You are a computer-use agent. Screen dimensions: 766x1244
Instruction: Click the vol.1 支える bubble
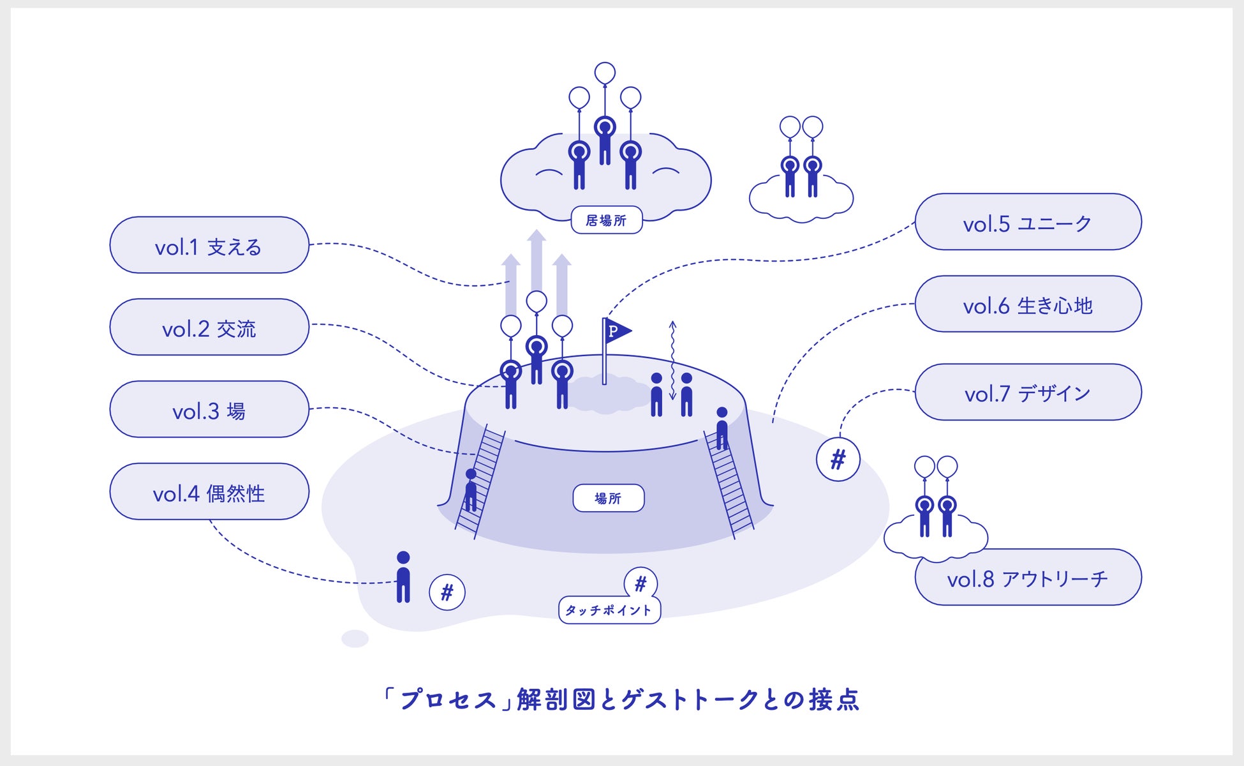[x=209, y=246]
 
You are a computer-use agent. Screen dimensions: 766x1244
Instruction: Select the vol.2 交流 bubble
[x=209, y=327]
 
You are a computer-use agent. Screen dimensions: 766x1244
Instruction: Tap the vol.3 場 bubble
[x=209, y=410]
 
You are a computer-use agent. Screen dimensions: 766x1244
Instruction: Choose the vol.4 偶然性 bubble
[x=209, y=492]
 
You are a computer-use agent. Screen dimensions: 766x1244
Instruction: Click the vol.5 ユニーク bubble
[x=1028, y=222]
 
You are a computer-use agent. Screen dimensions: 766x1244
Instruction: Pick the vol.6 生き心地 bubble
[x=1028, y=304]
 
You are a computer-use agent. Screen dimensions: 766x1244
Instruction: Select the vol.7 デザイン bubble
[x=1028, y=393]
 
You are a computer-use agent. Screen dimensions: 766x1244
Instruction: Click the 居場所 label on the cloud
[x=606, y=220]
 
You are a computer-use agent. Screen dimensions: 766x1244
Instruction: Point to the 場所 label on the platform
[x=608, y=498]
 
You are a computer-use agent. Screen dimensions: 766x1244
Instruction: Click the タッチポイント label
[x=609, y=610]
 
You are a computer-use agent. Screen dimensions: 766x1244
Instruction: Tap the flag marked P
[x=616, y=331]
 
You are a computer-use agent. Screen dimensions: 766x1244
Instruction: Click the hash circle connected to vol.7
[x=838, y=459]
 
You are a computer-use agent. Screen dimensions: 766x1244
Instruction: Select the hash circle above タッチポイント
[x=641, y=583]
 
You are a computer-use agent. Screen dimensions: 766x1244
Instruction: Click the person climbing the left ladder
[x=471, y=490]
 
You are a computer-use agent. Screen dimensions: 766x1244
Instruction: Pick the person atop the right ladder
[x=722, y=427]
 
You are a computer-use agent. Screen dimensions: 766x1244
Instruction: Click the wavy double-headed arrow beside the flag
[x=672, y=361]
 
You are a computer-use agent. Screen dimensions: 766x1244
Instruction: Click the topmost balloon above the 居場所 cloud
[x=605, y=73]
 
